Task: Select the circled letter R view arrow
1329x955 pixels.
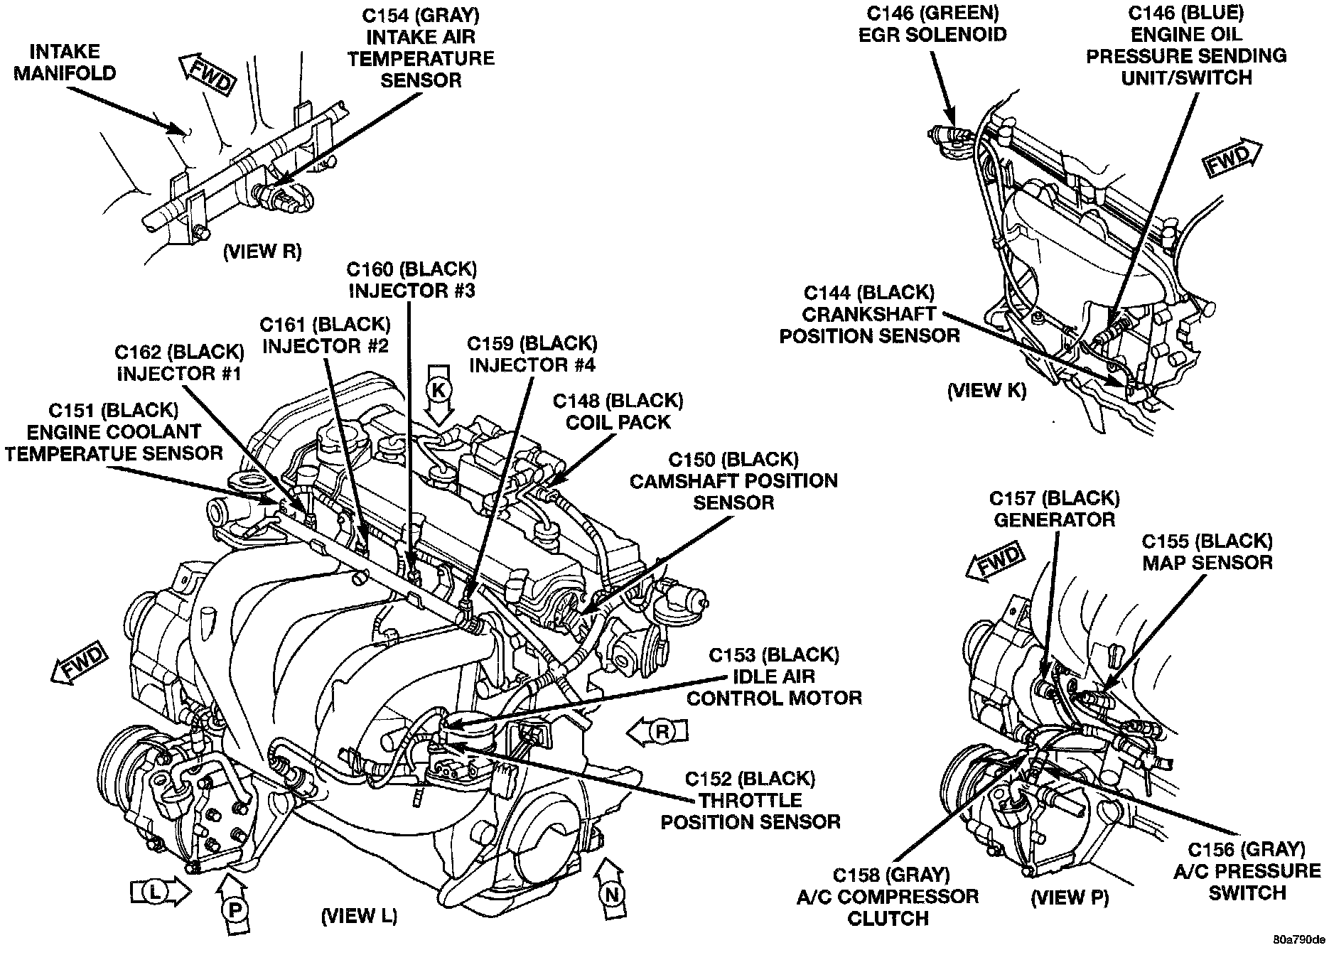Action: pyautogui.click(x=660, y=731)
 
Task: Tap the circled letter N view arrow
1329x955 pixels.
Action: pyautogui.click(x=612, y=892)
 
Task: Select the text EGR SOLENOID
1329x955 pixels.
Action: pyautogui.click(x=932, y=34)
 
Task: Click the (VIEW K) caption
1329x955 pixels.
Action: pyautogui.click(x=986, y=391)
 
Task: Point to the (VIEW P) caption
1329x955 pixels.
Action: pyautogui.click(x=1070, y=897)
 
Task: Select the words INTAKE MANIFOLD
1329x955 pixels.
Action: pyautogui.click(x=65, y=62)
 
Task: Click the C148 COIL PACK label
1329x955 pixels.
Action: pyautogui.click(x=618, y=411)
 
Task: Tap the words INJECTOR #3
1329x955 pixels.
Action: pyautogui.click(x=412, y=290)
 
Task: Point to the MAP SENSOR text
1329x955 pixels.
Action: pyautogui.click(x=1207, y=562)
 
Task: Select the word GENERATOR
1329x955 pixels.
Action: pyautogui.click(x=1054, y=519)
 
